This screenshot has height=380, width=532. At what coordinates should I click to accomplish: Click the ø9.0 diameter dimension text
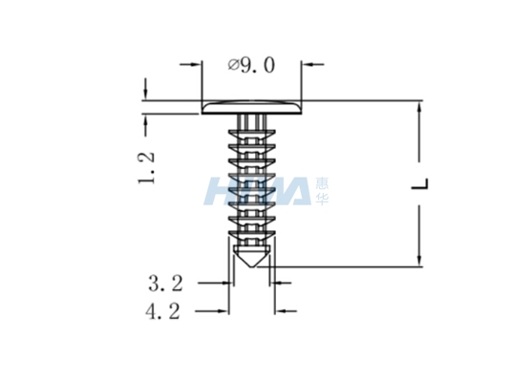pos(251,65)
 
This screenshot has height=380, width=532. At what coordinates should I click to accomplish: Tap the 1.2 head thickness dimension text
pos(146,168)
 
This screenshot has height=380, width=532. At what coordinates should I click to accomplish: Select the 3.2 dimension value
pos(165,284)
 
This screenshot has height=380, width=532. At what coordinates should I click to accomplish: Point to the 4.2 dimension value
pos(163,311)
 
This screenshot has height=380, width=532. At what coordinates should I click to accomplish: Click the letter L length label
pos(420,183)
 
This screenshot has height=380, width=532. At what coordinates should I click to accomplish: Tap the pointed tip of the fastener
pos(251,267)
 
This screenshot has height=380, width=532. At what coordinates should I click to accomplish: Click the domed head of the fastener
pos(251,107)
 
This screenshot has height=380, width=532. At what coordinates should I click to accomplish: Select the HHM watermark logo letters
pos(258,191)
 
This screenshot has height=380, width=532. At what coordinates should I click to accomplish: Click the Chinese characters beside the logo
pos(322,191)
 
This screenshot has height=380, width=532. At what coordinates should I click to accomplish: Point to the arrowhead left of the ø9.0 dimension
pos(197,64)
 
